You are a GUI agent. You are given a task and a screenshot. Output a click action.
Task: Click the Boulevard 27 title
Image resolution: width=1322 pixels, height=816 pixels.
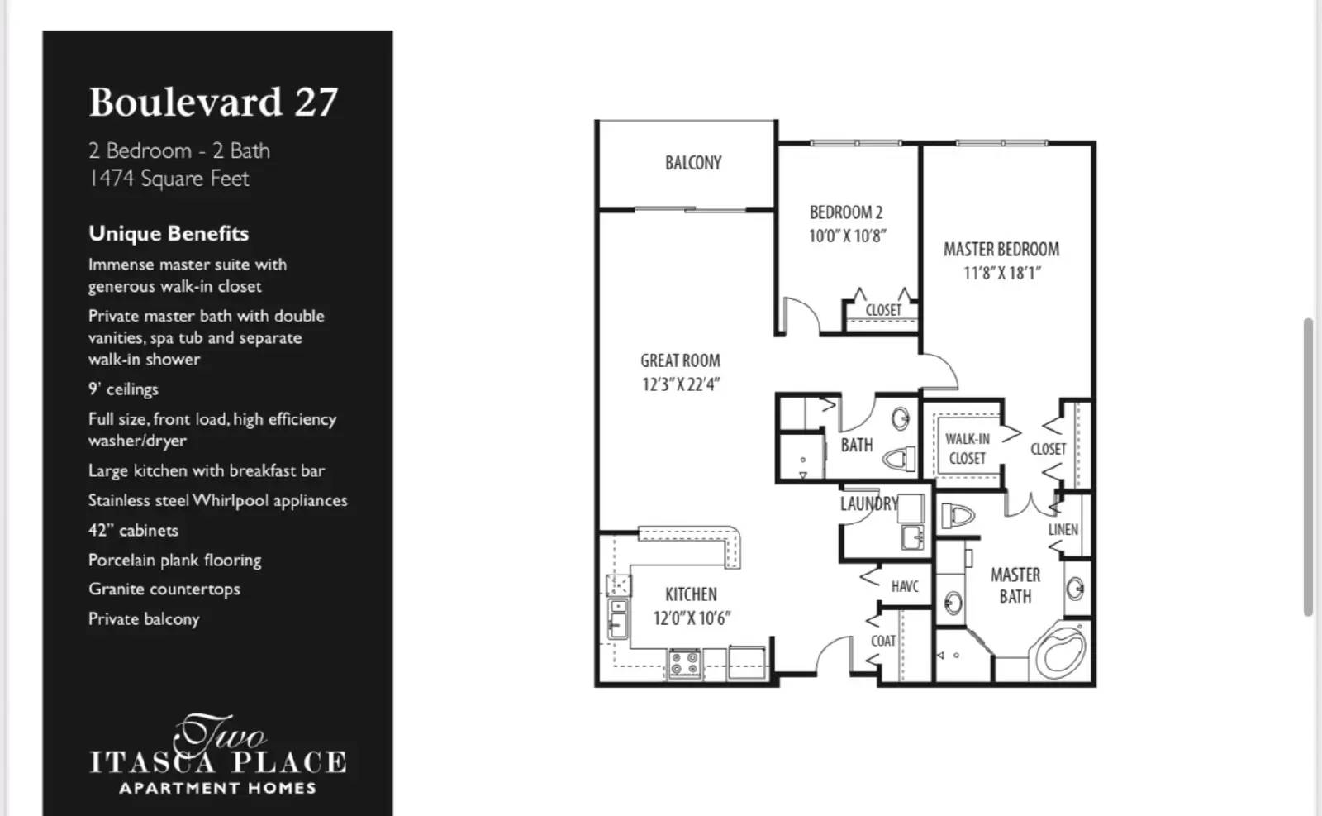(213, 103)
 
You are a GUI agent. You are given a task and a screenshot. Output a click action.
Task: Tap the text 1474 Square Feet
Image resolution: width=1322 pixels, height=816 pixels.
(169, 179)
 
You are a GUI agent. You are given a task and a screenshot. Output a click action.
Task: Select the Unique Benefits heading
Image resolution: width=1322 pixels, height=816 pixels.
(169, 233)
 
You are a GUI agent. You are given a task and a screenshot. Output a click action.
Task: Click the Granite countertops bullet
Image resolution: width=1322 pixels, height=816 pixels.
(164, 589)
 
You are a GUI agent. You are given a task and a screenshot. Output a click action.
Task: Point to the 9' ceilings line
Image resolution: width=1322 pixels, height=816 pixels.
(123, 389)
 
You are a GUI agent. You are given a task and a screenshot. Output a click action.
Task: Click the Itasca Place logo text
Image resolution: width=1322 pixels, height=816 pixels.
(218, 761)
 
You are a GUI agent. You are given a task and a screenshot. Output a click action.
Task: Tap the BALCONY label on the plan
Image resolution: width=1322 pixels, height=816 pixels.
(693, 163)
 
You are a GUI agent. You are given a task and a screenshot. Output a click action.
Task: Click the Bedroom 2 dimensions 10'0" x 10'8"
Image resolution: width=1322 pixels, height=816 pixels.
(847, 236)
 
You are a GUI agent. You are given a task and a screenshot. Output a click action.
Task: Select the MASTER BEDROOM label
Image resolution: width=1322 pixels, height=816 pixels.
(1001, 249)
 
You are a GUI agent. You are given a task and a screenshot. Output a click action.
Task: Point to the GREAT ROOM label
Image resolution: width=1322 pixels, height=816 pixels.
(680, 360)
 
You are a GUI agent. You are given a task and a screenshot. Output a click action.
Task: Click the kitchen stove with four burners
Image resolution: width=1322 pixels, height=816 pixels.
(685, 663)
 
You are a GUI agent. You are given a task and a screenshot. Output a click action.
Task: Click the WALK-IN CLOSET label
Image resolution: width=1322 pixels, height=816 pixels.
(967, 448)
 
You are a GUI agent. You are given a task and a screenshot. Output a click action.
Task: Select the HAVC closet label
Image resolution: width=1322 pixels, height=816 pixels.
(905, 586)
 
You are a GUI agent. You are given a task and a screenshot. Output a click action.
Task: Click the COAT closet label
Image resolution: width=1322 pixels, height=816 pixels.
(882, 641)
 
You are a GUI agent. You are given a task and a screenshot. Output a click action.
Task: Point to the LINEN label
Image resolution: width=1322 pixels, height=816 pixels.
(1063, 529)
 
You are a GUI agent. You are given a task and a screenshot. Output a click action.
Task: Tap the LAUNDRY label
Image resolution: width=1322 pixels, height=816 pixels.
(868, 503)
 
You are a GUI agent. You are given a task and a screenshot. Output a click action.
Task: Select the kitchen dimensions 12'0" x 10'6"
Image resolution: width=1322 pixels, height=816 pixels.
(692, 618)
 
